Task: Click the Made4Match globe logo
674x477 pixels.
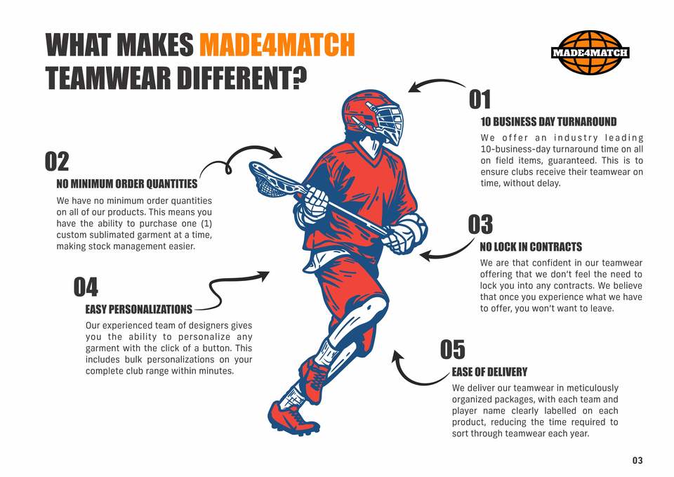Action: pyautogui.click(x=590, y=52)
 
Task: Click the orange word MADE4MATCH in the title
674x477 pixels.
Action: pyautogui.click(x=277, y=44)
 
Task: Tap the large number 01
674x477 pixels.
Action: pyautogui.click(x=480, y=99)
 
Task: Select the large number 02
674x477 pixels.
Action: pyautogui.click(x=57, y=162)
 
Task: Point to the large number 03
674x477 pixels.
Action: pyautogui.click(x=480, y=225)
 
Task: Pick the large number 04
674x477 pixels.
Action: pyautogui.click(x=86, y=287)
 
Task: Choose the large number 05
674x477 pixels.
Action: pyautogui.click(x=453, y=349)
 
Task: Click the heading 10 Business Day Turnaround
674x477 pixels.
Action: pyautogui.click(x=548, y=122)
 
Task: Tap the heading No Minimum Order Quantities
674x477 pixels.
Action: pyautogui.click(x=127, y=184)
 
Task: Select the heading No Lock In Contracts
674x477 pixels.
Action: pyautogui.click(x=531, y=247)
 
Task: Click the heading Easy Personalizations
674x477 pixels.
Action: pyautogui.click(x=138, y=309)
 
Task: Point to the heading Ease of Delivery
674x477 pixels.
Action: pyautogui.click(x=489, y=372)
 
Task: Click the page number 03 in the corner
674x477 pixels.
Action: pyautogui.click(x=637, y=461)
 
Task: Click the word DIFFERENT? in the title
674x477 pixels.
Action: pyautogui.click(x=242, y=78)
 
